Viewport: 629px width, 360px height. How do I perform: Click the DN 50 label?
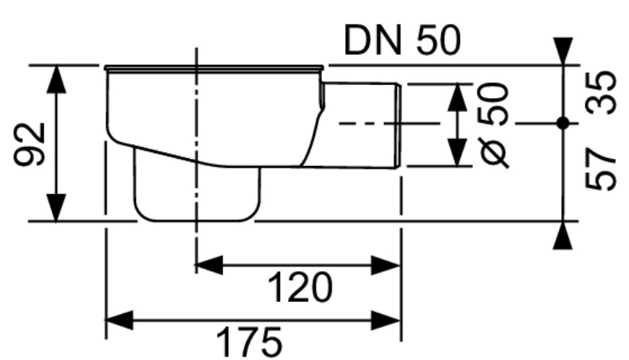[402, 41]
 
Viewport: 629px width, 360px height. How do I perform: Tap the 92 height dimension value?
[29, 145]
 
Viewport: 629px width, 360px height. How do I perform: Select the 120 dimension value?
[300, 287]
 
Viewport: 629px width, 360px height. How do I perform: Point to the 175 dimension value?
[249, 343]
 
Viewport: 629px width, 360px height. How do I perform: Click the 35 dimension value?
[600, 92]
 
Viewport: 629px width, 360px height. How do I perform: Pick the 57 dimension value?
[600, 169]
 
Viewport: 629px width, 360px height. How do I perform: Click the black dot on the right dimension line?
[563, 123]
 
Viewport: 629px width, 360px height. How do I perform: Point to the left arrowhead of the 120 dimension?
[208, 265]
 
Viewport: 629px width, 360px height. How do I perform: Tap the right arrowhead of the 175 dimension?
[386, 320]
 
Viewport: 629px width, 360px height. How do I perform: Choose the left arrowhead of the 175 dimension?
[119, 320]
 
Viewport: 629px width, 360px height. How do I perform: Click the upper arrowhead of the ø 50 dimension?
[457, 97]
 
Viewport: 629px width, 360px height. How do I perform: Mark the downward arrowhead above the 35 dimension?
[563, 51]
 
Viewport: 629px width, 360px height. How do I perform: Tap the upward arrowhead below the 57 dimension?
[563, 235]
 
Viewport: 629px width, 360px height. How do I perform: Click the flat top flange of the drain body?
[214, 68]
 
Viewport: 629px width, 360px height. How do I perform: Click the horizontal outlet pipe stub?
[361, 125]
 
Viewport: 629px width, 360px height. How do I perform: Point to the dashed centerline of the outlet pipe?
[389, 123]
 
